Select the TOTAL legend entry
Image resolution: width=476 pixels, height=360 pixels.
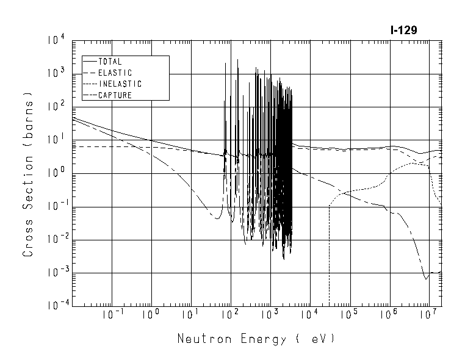click(x=110, y=62)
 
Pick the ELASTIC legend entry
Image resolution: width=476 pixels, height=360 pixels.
click(x=114, y=73)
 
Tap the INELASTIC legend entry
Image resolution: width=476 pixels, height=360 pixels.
click(x=120, y=84)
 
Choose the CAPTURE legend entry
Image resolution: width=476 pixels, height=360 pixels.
click(x=115, y=95)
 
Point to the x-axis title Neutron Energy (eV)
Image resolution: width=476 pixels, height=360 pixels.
click(x=256, y=339)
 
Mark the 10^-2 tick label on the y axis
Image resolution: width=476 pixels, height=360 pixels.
click(x=54, y=240)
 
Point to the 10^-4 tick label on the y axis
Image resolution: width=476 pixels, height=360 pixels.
click(x=54, y=306)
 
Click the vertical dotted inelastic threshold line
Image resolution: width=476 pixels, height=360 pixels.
click(x=330, y=256)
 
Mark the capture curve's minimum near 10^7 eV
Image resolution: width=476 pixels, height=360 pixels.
click(x=426, y=278)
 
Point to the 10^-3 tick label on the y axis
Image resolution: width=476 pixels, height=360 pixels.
click(x=54, y=273)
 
